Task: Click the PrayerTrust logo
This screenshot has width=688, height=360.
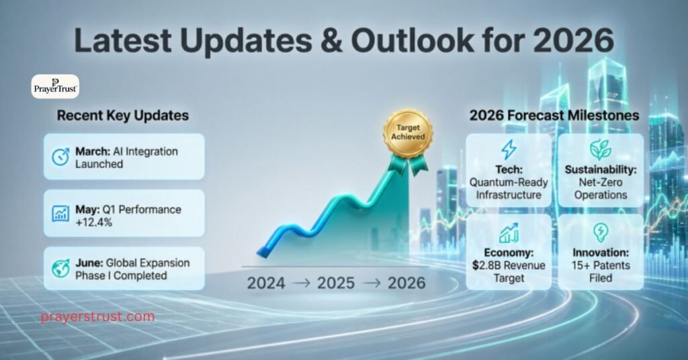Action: point(55,87)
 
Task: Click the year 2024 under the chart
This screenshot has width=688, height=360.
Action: point(266,283)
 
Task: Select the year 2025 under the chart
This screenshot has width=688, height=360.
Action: point(336,283)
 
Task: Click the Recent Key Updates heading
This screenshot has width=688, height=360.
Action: point(123,116)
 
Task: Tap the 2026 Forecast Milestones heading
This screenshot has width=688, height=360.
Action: point(554,116)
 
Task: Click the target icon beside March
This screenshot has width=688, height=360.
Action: point(60,157)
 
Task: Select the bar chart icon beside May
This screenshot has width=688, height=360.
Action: point(60,214)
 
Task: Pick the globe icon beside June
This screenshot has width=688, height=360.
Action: point(60,269)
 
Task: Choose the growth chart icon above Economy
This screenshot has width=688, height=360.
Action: point(509,233)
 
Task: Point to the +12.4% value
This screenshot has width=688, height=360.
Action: point(94,221)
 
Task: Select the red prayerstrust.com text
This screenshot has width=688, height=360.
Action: point(97,316)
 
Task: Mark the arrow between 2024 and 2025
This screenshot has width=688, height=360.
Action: point(300,283)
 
